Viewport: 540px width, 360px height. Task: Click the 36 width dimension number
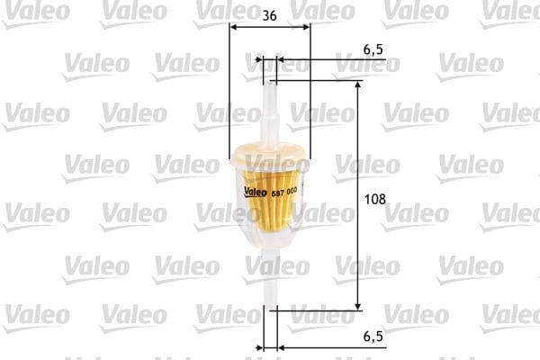(x=270, y=14)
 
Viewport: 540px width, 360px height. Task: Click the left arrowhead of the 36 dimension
(x=234, y=27)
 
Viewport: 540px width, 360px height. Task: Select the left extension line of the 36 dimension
(x=230, y=90)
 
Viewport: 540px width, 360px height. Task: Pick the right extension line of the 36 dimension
(x=310, y=90)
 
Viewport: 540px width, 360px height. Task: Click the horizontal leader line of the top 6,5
(x=333, y=60)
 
